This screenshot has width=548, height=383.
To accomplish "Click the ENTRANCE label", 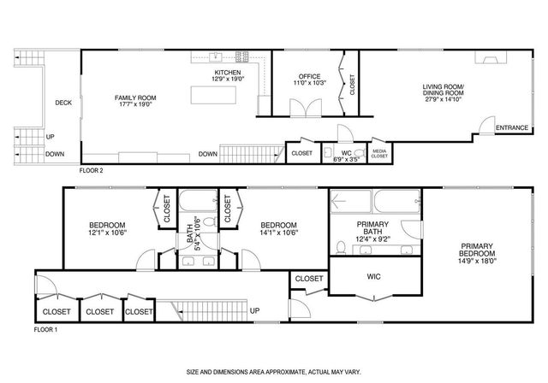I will (513, 128).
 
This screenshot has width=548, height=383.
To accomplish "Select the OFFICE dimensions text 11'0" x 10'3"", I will (308, 84).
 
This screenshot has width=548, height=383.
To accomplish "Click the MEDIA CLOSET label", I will (379, 154).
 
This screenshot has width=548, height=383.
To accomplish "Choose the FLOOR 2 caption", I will (92, 171).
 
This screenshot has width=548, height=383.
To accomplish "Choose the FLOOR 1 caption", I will (45, 329).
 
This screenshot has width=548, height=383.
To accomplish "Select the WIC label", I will (372, 277).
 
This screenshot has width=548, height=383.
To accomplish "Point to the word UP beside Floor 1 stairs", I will (254, 310).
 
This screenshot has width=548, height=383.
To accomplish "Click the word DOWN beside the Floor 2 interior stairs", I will (207, 154).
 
